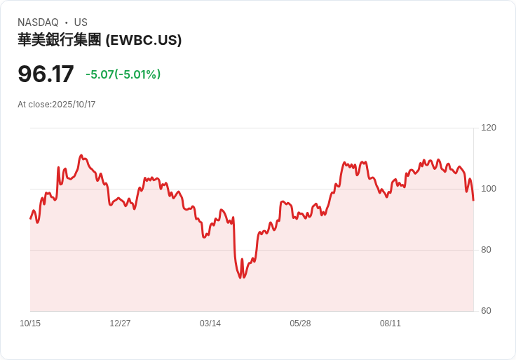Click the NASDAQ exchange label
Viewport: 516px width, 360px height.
click(38, 22)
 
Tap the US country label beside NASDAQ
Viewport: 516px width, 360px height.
click(81, 22)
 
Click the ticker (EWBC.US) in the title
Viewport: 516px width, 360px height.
click(144, 40)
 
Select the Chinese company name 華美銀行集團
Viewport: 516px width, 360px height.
click(60, 40)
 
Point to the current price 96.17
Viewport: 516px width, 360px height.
click(46, 74)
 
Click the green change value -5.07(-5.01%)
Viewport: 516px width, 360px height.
click(123, 74)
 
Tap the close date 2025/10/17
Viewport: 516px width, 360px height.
click(74, 105)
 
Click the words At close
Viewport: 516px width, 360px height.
click(34, 105)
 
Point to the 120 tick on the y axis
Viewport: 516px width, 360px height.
click(488, 127)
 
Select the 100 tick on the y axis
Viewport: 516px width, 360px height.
click(488, 188)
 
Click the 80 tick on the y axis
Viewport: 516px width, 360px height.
click(486, 249)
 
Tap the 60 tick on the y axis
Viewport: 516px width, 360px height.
click(486, 310)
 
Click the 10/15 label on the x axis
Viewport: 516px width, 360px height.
click(30, 324)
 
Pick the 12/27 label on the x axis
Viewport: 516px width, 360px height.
click(120, 324)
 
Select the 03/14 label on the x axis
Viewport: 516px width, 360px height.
click(210, 324)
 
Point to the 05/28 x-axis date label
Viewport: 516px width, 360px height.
click(300, 324)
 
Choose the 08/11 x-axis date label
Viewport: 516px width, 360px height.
click(391, 324)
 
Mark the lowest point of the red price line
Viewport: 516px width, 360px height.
click(240, 278)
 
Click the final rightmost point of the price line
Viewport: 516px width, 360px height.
click(473, 200)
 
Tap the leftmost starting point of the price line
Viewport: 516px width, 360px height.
click(30, 218)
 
